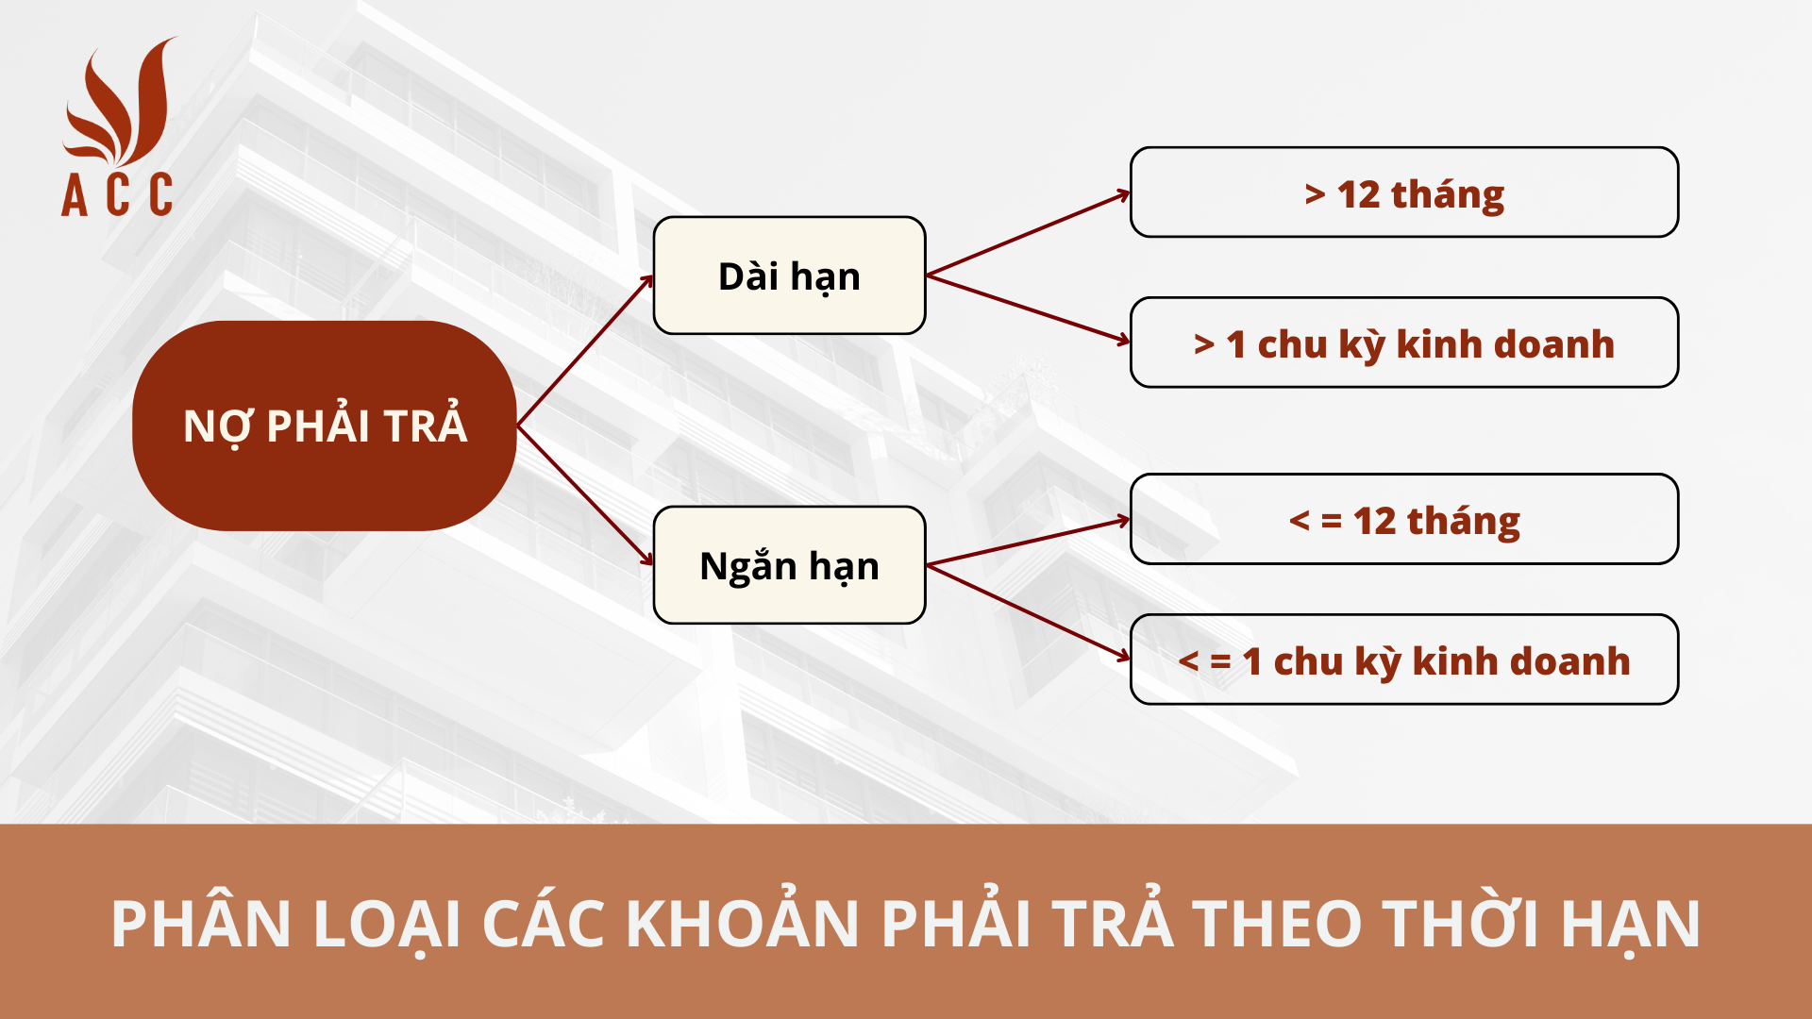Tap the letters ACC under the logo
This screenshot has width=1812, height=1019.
click(x=117, y=195)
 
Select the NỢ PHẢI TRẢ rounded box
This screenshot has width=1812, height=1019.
click(x=325, y=426)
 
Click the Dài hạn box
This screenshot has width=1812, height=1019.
click(x=789, y=276)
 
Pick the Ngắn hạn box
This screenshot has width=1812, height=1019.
click(x=789, y=565)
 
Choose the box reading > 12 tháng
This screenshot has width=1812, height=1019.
click(x=1403, y=192)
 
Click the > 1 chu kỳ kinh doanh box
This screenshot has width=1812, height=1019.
click(x=1403, y=342)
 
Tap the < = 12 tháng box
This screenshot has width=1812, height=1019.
click(x=1403, y=519)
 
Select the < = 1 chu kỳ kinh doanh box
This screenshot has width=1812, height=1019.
click(x=1403, y=660)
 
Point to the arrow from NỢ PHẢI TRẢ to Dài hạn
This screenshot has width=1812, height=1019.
click(x=585, y=350)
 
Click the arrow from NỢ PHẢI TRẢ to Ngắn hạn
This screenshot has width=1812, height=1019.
click(x=585, y=496)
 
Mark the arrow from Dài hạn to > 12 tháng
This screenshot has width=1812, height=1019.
click(x=1029, y=234)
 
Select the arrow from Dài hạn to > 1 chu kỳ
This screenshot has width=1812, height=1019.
click(x=1029, y=309)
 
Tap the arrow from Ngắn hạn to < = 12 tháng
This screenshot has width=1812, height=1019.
click(x=1029, y=542)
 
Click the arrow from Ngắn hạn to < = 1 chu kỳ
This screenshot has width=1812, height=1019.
click(x=1029, y=611)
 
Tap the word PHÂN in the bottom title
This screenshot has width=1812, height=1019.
click(x=201, y=924)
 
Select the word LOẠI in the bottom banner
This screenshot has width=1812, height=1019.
click(x=387, y=924)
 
